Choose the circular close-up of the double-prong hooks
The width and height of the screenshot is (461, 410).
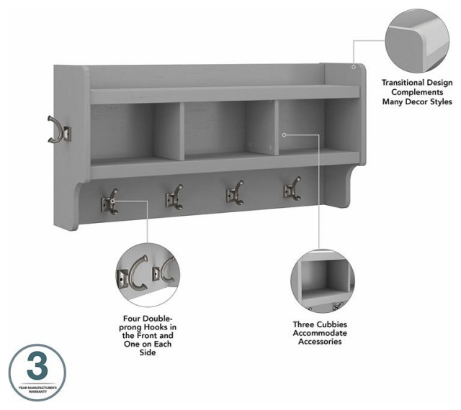(x=147, y=273)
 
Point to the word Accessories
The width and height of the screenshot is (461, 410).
(x=320, y=342)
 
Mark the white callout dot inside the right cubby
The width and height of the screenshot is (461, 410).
(x=285, y=135)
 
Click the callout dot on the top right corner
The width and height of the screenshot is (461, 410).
(x=354, y=67)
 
